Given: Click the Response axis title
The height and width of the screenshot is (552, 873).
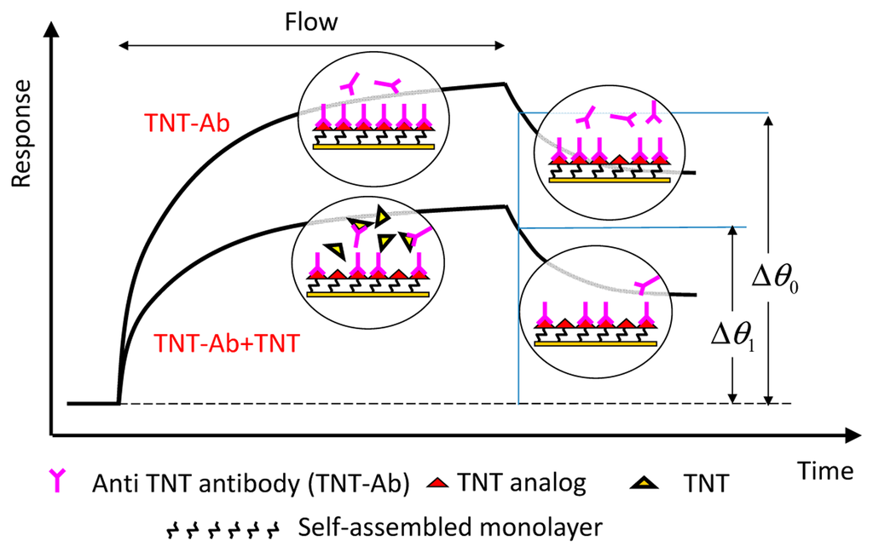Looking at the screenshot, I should coord(20,135).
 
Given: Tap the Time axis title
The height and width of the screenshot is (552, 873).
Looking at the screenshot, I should coord(825,470).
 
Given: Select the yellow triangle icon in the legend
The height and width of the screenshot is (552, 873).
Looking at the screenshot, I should coord(645,484).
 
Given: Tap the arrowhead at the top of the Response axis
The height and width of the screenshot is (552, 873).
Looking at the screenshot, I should coord(52,29).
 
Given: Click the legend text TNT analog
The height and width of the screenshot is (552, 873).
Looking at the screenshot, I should coord(521,484).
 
